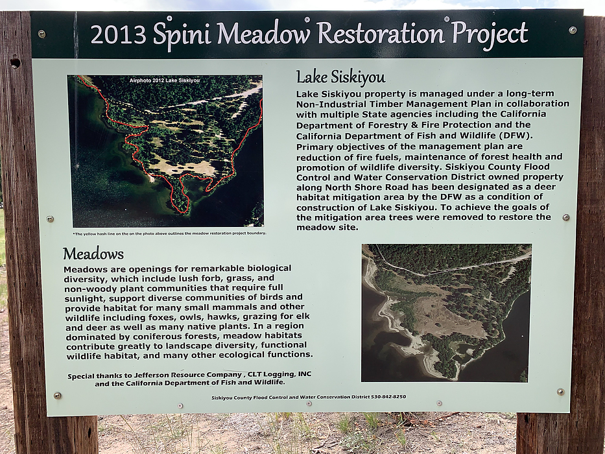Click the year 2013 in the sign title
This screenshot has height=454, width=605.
[119, 34]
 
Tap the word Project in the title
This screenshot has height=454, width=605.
[489, 34]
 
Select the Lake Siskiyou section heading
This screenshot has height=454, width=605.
[340, 77]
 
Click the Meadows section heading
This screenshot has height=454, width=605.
[93, 254]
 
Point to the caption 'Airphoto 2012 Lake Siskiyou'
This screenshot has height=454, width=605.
[165, 80]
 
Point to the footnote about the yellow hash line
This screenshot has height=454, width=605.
[169, 233]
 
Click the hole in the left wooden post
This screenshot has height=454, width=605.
[16, 63]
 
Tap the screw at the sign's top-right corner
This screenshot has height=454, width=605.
[573, 30]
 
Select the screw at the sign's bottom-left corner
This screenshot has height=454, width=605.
[58, 396]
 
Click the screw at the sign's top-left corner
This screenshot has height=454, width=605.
[42, 34]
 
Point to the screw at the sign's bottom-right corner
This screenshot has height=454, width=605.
[561, 392]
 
